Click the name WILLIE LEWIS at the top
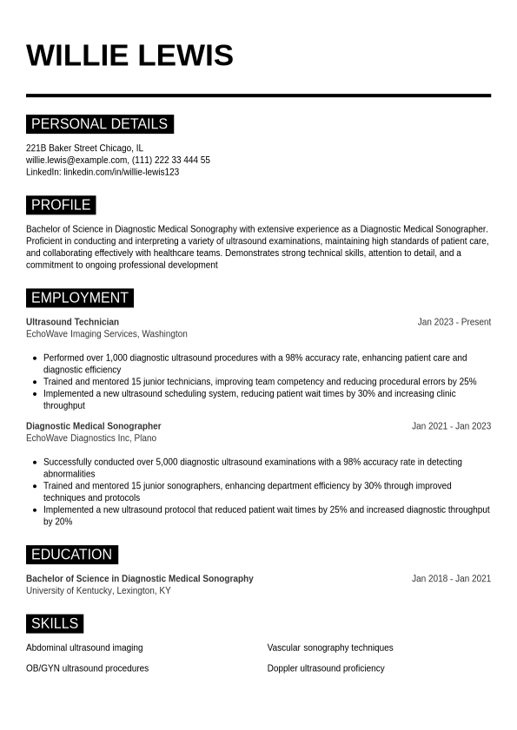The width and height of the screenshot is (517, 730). pyautogui.click(x=129, y=56)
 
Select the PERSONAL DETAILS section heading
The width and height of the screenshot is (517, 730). pyautogui.click(x=99, y=124)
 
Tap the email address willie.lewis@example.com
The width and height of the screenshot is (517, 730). pyautogui.click(x=76, y=160)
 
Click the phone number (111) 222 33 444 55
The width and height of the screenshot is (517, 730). pyautogui.click(x=171, y=160)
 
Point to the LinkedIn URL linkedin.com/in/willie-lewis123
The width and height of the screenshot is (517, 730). pyautogui.click(x=121, y=172)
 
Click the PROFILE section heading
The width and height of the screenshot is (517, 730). pyautogui.click(x=61, y=205)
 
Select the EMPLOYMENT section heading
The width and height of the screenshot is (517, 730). pyautogui.click(x=79, y=298)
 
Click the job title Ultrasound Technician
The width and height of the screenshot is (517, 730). pyautogui.click(x=72, y=322)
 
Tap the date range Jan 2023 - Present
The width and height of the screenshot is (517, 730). pyautogui.click(x=454, y=322)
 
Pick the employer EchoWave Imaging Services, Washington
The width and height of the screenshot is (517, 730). pyautogui.click(x=106, y=334)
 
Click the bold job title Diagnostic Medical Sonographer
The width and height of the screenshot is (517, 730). pyautogui.click(x=93, y=426)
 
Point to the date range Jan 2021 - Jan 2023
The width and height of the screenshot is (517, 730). pyautogui.click(x=451, y=426)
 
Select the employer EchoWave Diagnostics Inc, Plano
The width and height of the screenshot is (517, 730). pyautogui.click(x=91, y=438)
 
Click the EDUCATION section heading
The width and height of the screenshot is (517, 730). pyautogui.click(x=71, y=555)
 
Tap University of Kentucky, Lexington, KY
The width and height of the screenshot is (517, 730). pyautogui.click(x=98, y=591)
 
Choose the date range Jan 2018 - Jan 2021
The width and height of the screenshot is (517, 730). pyautogui.click(x=451, y=579)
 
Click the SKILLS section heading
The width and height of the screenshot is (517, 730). pyautogui.click(x=55, y=623)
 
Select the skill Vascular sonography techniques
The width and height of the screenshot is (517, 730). pyautogui.click(x=329, y=648)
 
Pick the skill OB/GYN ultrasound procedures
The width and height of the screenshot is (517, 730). pyautogui.click(x=87, y=668)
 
